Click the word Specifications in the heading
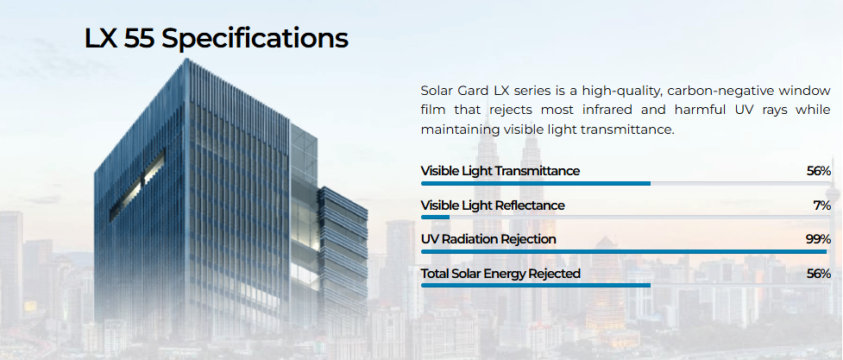(255, 39)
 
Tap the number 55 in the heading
(139, 39)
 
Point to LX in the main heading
(101, 39)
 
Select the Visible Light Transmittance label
(500, 171)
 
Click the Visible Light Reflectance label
(493, 205)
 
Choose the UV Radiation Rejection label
(488, 239)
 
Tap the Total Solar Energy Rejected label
(500, 274)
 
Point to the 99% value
(818, 239)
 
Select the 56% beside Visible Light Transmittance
(819, 171)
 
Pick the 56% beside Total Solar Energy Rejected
(819, 274)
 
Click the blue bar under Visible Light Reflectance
(435, 218)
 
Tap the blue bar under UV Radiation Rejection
(624, 251)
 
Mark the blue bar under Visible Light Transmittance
(536, 184)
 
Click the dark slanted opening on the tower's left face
(137, 186)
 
